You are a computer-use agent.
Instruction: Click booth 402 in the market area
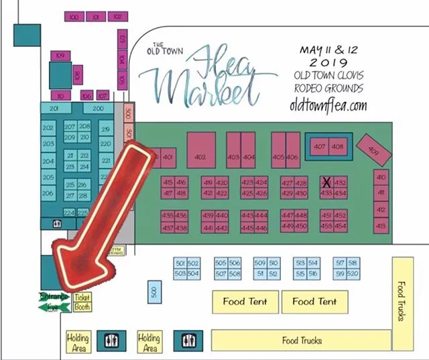point(200,156)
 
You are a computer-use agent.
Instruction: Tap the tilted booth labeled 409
point(373,150)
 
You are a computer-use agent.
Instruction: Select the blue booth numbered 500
point(154,292)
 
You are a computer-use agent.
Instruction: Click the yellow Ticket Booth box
point(82,302)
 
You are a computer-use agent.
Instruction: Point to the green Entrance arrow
point(53,296)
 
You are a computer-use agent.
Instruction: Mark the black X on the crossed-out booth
point(326,182)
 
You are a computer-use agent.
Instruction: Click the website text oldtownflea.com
point(328,105)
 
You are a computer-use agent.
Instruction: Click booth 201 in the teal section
point(56,108)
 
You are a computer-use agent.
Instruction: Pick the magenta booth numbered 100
point(73,16)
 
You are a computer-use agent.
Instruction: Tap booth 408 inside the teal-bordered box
point(338,146)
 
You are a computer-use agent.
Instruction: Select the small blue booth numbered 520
point(353,274)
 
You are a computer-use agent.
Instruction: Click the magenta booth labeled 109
point(60,55)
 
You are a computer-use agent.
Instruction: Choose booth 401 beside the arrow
point(168,157)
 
